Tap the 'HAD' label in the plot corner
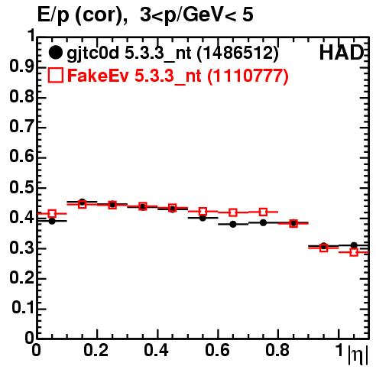[x=341, y=53]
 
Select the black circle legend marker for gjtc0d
[x=55, y=53]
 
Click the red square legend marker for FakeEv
[x=55, y=75]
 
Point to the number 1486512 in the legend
[x=238, y=53]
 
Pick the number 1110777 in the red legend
[x=248, y=76]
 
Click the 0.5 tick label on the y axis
[x=21, y=188]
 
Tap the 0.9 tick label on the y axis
[x=21, y=66]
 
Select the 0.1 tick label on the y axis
[x=22, y=308]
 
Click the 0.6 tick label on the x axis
[x=217, y=350]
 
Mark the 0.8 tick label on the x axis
[x=277, y=350]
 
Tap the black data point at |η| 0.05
[x=52, y=221]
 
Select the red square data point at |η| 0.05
[x=52, y=213]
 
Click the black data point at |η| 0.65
[x=233, y=224]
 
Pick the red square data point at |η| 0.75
[x=263, y=212]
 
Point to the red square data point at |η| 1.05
[x=354, y=252]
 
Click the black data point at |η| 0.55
[x=203, y=218]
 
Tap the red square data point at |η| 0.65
[x=233, y=212]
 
